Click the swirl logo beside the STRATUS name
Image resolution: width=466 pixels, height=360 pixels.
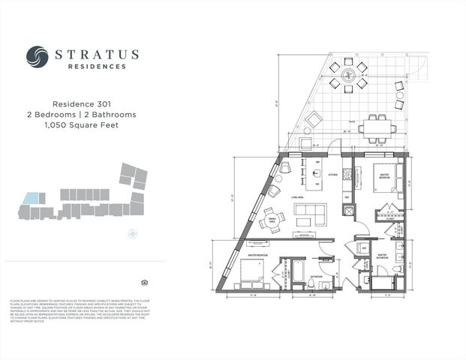(x=37, y=57)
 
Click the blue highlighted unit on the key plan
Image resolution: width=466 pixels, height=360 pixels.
(x=31, y=198)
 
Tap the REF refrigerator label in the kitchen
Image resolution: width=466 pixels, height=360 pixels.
(x=347, y=196)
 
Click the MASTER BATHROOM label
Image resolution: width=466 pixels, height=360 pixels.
(x=382, y=256)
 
